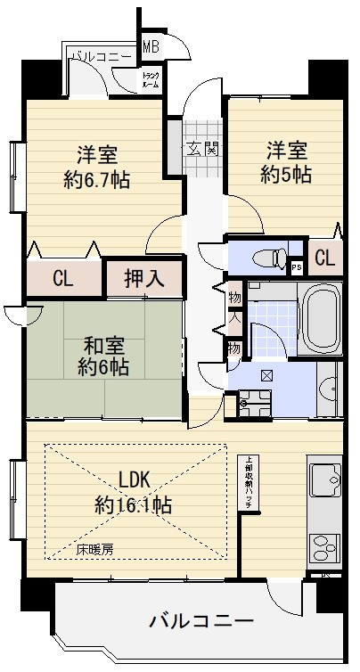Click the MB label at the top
tap(151, 45)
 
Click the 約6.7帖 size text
tap(95, 179)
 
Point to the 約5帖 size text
tap(287, 174)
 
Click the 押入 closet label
tap(143, 277)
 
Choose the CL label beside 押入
tap(62, 278)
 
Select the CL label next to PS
tap(324, 259)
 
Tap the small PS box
tap(296, 264)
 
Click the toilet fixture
tap(266, 258)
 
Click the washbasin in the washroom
tap(328, 389)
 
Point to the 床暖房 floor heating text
tap(94, 550)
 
